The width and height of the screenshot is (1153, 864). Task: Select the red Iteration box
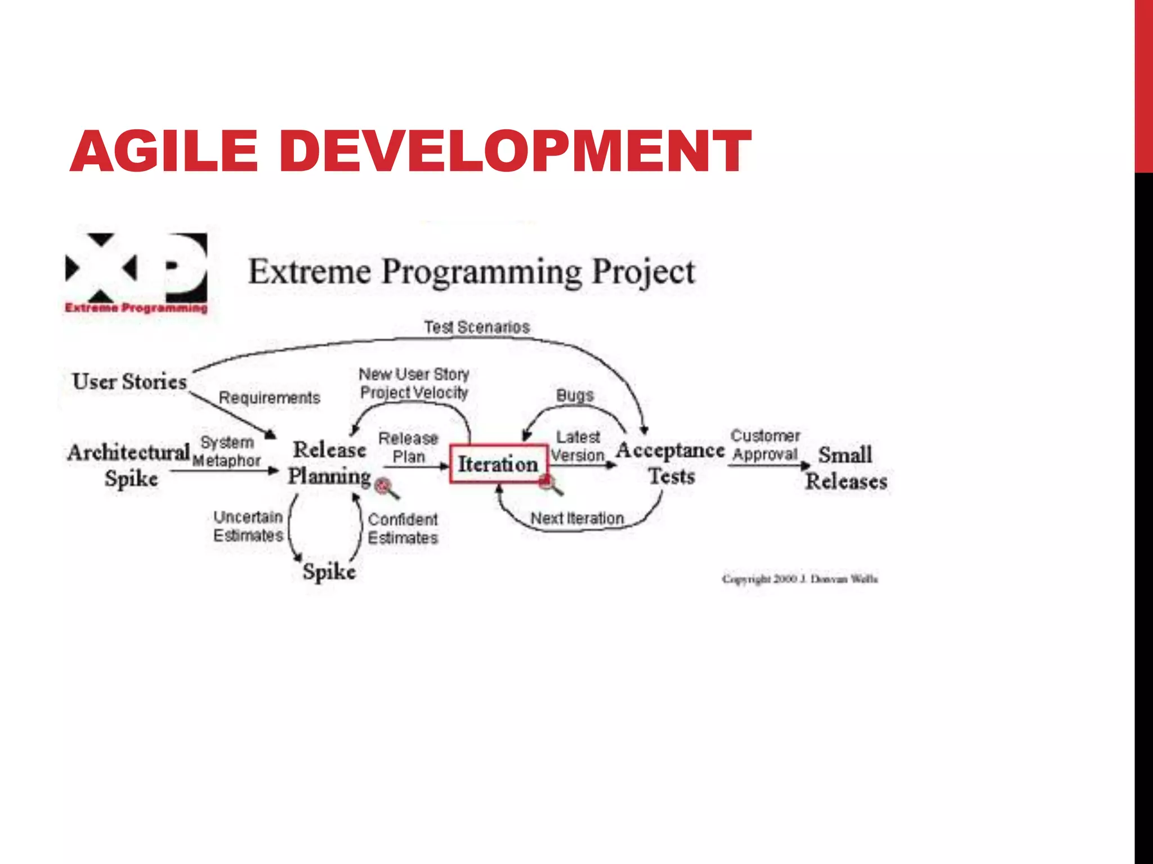(498, 464)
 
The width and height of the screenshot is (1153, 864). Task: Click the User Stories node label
(129, 381)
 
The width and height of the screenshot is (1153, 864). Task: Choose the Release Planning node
(329, 463)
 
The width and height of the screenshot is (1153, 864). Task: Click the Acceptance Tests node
(671, 463)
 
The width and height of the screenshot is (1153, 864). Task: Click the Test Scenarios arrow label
(477, 327)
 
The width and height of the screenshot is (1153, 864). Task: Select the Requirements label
(269, 398)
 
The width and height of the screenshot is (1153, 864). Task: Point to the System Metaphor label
(227, 451)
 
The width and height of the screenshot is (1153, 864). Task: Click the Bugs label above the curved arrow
(575, 395)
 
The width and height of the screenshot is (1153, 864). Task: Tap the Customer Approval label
(765, 445)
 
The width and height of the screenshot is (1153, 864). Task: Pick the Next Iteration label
(577, 518)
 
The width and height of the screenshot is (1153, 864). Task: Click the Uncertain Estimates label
(248, 526)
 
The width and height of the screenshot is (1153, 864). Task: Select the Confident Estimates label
(403, 528)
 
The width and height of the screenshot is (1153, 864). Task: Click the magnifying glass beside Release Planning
(386, 487)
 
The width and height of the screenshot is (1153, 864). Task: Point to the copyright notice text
(800, 579)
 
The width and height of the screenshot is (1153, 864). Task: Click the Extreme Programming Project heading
(472, 272)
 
